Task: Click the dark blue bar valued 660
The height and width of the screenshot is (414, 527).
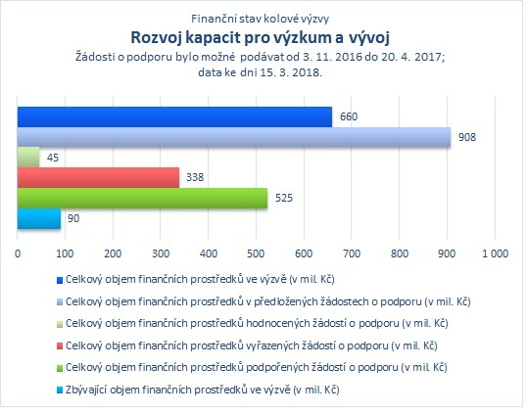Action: (x=174, y=116)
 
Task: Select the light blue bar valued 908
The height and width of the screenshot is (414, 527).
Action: (x=234, y=137)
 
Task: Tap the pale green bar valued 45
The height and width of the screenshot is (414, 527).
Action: (x=28, y=158)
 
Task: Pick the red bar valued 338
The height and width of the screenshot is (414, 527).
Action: (x=98, y=177)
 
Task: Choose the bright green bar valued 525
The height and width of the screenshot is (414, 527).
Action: (x=142, y=198)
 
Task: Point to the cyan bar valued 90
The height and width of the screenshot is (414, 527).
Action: (x=39, y=218)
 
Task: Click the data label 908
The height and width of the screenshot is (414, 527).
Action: (x=467, y=137)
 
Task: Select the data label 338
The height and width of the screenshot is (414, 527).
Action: (x=195, y=177)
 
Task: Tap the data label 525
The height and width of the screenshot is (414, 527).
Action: (x=284, y=198)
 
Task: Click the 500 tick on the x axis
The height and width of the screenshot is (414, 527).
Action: (x=256, y=253)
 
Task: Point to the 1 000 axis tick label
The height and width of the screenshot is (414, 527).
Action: (x=495, y=253)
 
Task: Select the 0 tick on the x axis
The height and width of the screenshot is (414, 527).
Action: (x=18, y=253)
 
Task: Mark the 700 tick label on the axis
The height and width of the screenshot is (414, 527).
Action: (x=352, y=253)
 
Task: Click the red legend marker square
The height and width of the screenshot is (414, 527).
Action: (x=60, y=346)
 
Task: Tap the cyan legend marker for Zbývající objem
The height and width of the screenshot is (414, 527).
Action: (x=60, y=391)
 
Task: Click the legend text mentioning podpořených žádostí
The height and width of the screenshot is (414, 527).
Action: (x=256, y=368)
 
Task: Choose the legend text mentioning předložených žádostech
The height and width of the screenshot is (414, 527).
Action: (x=267, y=301)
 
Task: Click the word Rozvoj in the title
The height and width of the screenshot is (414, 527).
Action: (x=156, y=38)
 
